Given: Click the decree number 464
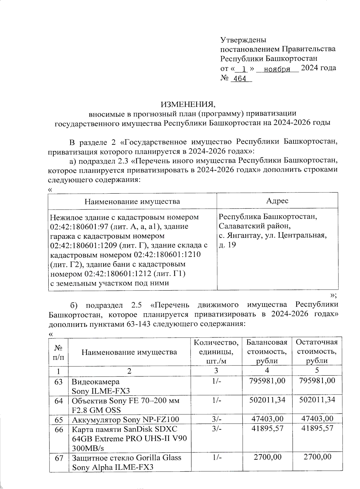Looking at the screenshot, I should pyautogui.click(x=240, y=79).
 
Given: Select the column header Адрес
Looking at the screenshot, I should pyautogui.click(x=277, y=201).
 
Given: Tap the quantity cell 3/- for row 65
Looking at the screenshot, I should pyautogui.click(x=216, y=419).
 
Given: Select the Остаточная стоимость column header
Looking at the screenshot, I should pyautogui.click(x=316, y=351).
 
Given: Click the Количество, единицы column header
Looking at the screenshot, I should pyautogui.click(x=216, y=351).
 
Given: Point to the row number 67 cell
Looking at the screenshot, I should pyautogui.click(x=58, y=458).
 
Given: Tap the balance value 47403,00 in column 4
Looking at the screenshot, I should pyautogui.click(x=267, y=419).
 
